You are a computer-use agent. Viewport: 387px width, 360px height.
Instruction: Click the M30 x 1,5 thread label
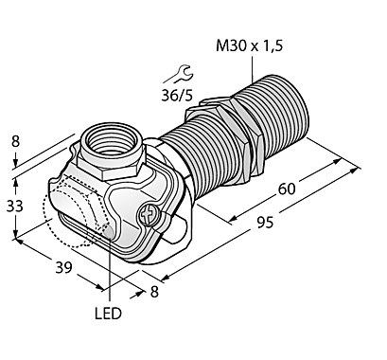(x=249, y=46)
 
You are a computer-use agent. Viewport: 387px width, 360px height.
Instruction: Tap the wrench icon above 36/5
(x=179, y=75)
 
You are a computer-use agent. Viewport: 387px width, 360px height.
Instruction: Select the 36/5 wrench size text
(x=177, y=95)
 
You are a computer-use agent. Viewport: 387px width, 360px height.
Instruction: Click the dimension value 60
(x=287, y=189)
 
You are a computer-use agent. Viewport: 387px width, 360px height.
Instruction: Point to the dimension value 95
(x=264, y=223)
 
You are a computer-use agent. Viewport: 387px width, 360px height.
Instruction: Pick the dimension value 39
(x=64, y=268)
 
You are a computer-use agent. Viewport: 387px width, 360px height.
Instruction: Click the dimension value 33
(x=15, y=206)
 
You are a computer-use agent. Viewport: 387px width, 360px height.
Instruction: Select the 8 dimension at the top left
(x=16, y=141)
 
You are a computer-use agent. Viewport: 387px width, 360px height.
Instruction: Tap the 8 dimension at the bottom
(x=154, y=292)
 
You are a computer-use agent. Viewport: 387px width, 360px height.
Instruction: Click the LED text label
(x=108, y=314)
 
